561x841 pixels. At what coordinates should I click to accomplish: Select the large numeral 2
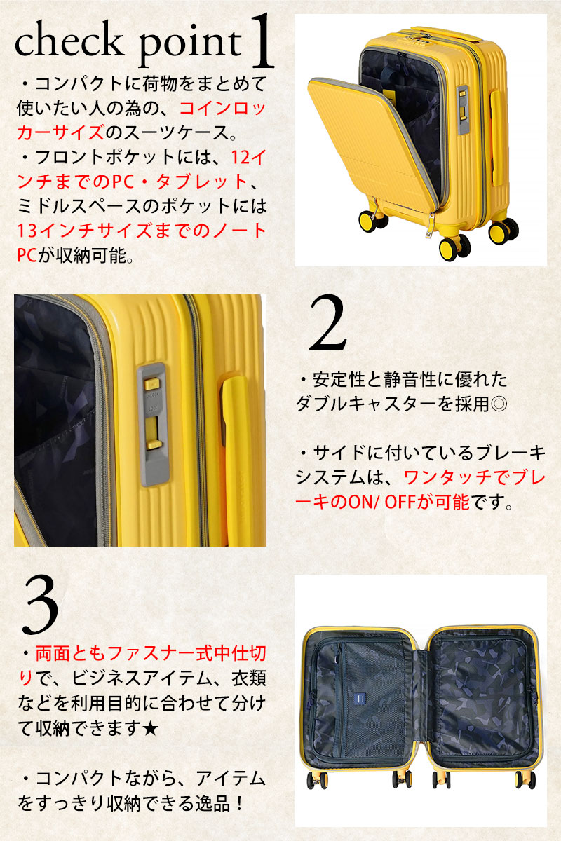327,323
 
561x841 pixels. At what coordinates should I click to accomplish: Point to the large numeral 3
40,605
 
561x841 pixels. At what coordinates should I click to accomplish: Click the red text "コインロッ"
222,109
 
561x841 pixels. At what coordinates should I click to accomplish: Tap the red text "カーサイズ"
60,132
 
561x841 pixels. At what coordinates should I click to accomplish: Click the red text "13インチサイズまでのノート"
142,231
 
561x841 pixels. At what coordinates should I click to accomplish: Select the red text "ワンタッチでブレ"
474,477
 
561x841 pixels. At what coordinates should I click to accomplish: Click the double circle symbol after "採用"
499,404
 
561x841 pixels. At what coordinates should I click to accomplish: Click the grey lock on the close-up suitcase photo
154,424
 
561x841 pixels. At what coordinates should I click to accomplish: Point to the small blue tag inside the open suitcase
360,699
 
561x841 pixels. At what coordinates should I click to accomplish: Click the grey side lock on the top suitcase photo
463,109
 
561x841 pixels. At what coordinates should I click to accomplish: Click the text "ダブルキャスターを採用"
393,404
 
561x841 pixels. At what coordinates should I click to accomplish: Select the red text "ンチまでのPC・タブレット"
133,182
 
